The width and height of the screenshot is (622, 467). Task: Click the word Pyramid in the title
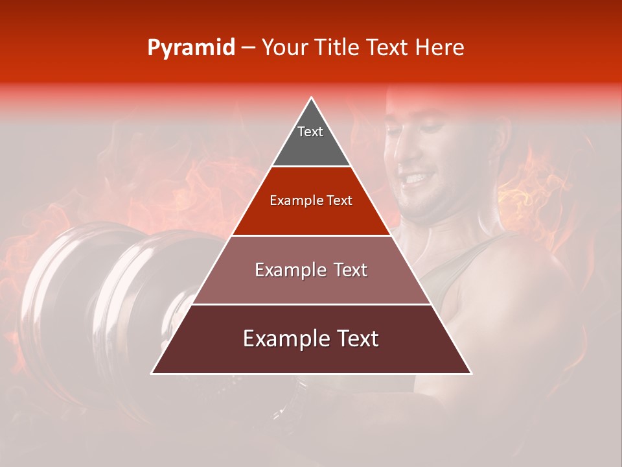[190, 48]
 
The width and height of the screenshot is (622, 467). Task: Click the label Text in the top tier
[310, 132]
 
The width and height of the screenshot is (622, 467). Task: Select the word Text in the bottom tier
[353, 339]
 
